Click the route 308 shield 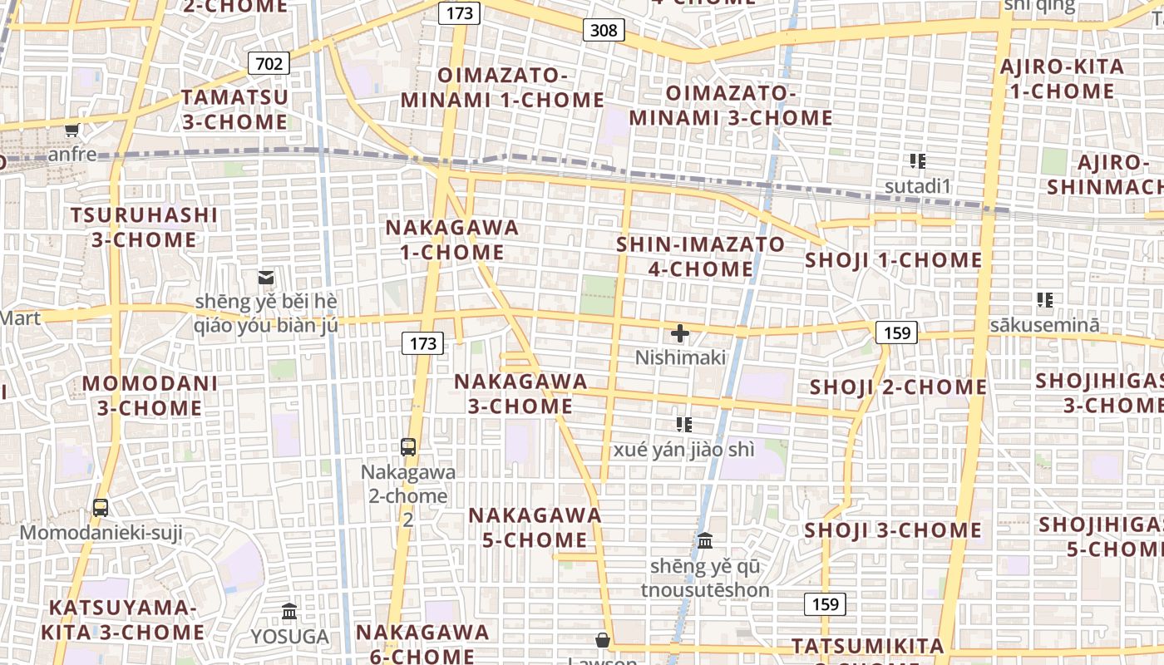click(x=604, y=31)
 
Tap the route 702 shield click(x=268, y=63)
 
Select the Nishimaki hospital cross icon click(x=680, y=334)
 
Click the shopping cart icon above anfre click(x=72, y=131)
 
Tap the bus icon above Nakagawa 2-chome click(x=408, y=447)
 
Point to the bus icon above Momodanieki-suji click(x=101, y=507)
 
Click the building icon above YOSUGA click(x=289, y=612)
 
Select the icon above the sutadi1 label click(x=917, y=161)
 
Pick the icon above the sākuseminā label click(x=1044, y=300)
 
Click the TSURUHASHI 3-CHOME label click(x=144, y=228)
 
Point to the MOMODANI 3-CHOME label click(x=150, y=396)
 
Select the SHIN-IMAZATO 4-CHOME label click(x=700, y=257)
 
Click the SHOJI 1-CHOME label click(x=894, y=260)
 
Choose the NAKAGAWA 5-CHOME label click(x=535, y=527)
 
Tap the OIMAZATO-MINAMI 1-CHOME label click(x=502, y=88)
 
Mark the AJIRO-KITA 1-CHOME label click(x=1062, y=79)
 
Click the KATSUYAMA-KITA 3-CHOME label click(x=123, y=619)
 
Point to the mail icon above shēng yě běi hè click(x=266, y=278)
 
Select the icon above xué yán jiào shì click(x=683, y=425)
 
